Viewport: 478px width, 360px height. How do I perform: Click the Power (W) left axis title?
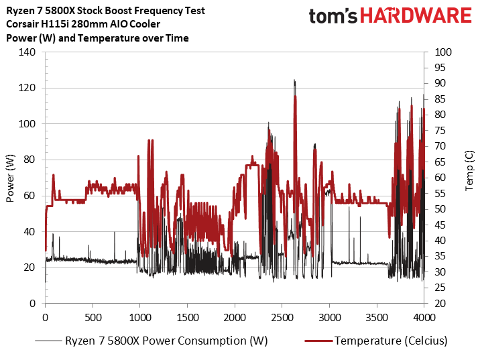(10, 178)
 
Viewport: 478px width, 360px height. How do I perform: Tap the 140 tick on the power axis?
(29, 52)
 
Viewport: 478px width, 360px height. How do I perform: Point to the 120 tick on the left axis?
(29, 88)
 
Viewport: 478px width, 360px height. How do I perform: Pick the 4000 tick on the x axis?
(424, 316)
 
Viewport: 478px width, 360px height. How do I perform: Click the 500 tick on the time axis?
(93, 316)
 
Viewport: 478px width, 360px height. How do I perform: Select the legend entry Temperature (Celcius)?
(391, 341)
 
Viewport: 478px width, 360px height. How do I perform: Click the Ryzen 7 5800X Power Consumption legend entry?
(166, 341)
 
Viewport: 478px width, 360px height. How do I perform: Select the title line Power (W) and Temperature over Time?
(97, 38)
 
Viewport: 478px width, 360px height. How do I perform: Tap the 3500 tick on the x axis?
(377, 316)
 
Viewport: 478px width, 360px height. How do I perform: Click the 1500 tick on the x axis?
(188, 316)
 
